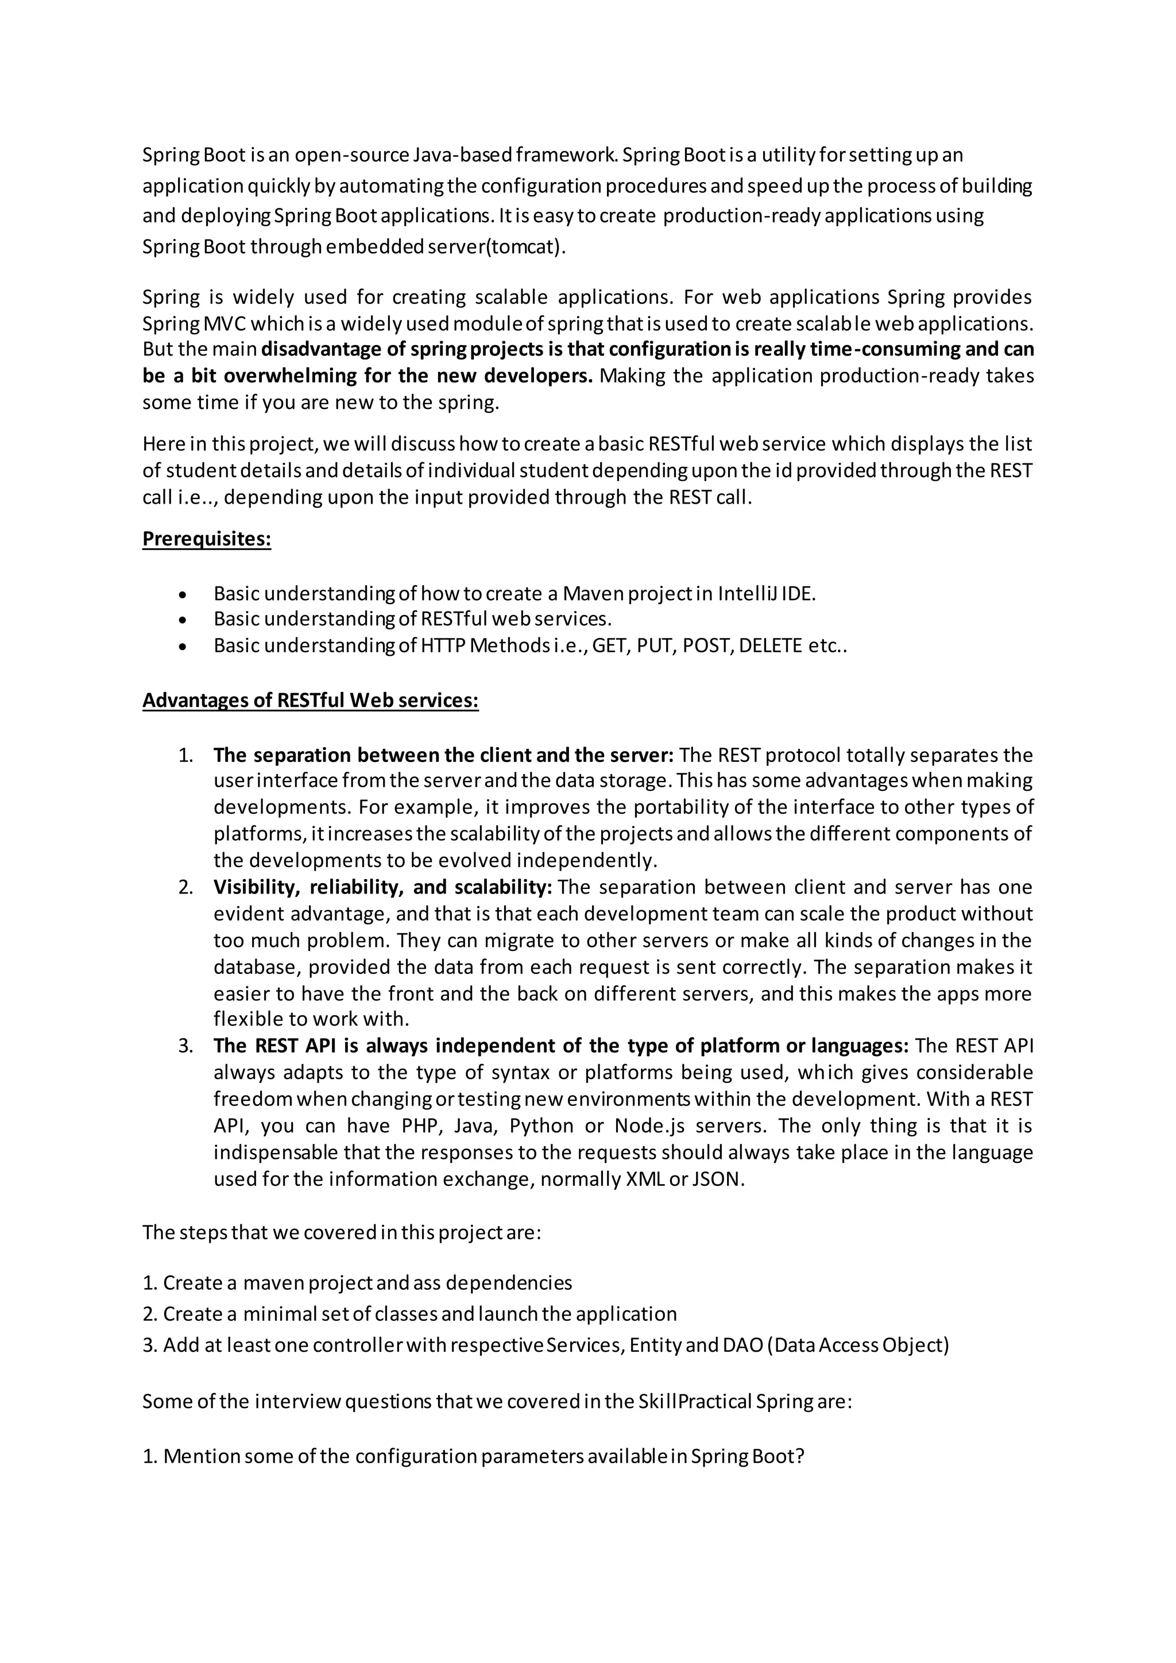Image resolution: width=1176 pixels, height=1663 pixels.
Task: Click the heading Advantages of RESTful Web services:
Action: [310, 701]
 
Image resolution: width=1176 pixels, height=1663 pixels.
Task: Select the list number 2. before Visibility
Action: [185, 887]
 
